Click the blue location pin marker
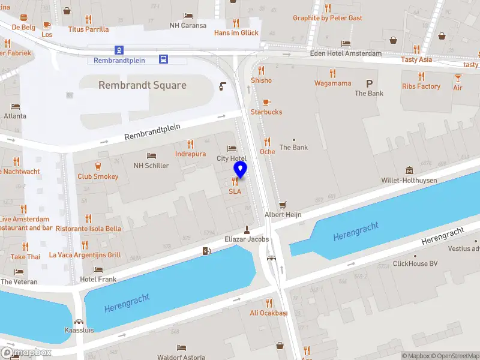(240, 169)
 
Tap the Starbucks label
(266, 112)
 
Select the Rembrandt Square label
(142, 85)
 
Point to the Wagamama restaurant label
(332, 83)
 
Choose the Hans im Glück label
(236, 32)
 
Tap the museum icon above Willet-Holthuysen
(409, 170)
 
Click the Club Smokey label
(98, 176)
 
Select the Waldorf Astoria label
(181, 357)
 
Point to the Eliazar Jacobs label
(247, 239)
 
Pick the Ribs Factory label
(421, 86)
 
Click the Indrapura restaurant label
(190, 154)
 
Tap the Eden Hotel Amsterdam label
(346, 53)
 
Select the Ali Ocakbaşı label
(269, 313)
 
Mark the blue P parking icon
(369, 83)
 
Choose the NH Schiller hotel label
(151, 166)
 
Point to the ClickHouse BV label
(415, 263)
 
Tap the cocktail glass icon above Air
(458, 78)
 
